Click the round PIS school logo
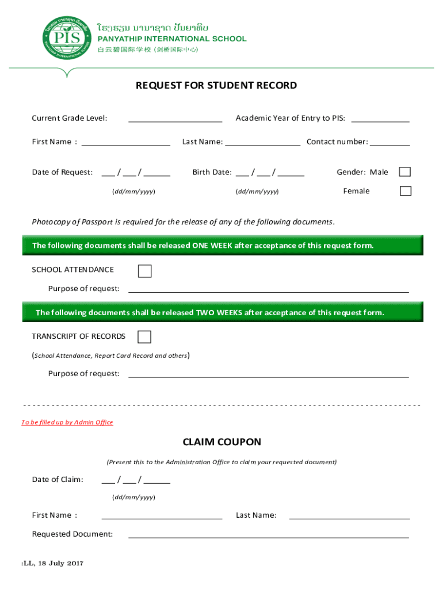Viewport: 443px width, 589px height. coord(67,39)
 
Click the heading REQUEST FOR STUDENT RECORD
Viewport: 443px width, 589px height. coord(216,86)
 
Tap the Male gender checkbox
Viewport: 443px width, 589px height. coord(405,172)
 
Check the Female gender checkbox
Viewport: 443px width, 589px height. coord(405,191)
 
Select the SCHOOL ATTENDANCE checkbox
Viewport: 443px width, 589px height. coord(145,271)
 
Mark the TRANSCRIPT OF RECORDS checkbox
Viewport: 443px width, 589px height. coord(144,337)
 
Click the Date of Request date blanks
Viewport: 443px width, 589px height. coord(136,173)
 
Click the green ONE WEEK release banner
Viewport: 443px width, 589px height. coord(222,246)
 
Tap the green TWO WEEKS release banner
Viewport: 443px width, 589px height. coord(222,313)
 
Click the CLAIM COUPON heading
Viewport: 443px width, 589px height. coord(221,442)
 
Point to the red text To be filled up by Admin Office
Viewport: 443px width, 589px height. coord(67,422)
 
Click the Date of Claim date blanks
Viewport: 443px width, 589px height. coord(136,480)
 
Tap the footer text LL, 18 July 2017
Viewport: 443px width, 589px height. coord(53,563)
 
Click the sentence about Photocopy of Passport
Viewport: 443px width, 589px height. coord(183,222)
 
